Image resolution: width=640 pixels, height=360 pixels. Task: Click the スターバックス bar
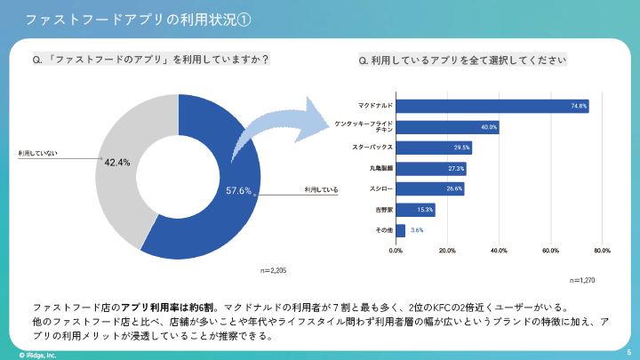pyautogui.click(x=434, y=148)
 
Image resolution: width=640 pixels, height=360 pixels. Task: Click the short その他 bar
pyautogui.click(x=401, y=230)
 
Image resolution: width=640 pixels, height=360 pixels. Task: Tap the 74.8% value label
pyautogui.click(x=579, y=107)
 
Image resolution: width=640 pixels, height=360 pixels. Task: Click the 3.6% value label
pyautogui.click(x=417, y=230)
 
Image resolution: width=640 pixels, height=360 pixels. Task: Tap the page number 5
pyautogui.click(x=628, y=352)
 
